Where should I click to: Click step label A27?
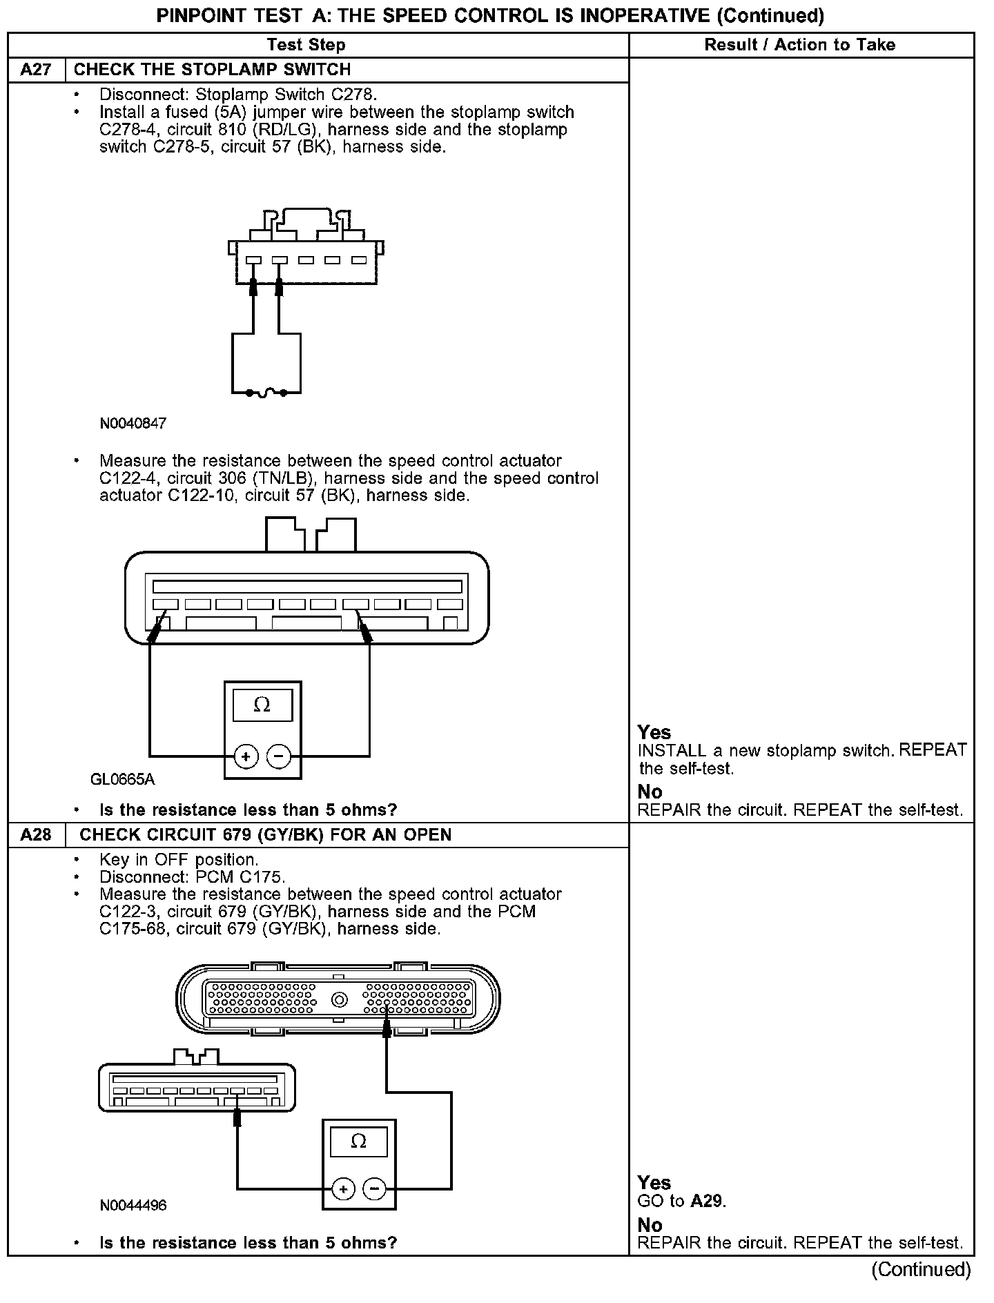pyautogui.click(x=36, y=70)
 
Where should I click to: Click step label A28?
pyautogui.click(x=36, y=835)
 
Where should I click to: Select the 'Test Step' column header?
pyautogui.click(x=306, y=45)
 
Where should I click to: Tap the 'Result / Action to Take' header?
pyautogui.click(x=799, y=45)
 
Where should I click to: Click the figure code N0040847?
pyautogui.click(x=133, y=424)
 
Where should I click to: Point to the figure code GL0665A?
pyautogui.click(x=123, y=780)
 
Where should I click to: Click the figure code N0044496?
pyautogui.click(x=133, y=1206)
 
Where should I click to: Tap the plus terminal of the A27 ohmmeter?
pyautogui.click(x=246, y=756)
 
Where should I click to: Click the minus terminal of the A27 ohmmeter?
pyautogui.click(x=278, y=756)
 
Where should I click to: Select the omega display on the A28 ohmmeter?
pyautogui.click(x=358, y=1142)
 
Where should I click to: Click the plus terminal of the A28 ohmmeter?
pyautogui.click(x=343, y=1189)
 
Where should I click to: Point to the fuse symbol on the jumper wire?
pyautogui.click(x=266, y=393)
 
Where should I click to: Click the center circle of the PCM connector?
pyautogui.click(x=339, y=999)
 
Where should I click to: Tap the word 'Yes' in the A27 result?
pyautogui.click(x=654, y=732)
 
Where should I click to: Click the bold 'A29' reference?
pyautogui.click(x=707, y=1201)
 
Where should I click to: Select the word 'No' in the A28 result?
pyautogui.click(x=650, y=1225)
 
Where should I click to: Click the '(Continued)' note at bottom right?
pyautogui.click(x=921, y=1269)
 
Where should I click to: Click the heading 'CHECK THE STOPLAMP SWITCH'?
pyautogui.click(x=212, y=70)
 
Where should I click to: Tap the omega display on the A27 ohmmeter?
pyautogui.click(x=262, y=705)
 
